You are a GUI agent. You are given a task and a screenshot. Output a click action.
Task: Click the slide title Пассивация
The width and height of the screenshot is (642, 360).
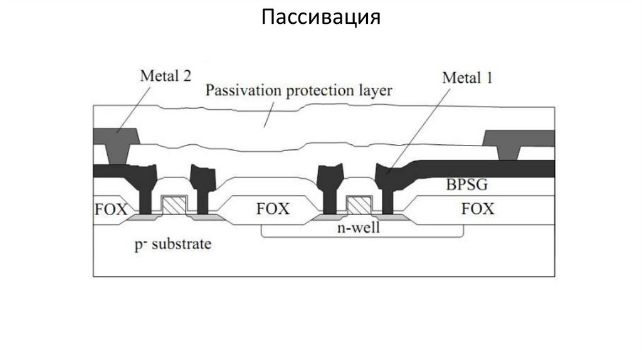(x=320, y=16)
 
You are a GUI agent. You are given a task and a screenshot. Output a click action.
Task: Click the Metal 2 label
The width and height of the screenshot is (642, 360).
(x=165, y=77)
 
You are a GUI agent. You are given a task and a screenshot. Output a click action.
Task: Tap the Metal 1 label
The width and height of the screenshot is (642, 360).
(x=467, y=78)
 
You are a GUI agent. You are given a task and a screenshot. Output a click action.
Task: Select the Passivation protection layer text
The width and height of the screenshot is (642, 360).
(x=298, y=90)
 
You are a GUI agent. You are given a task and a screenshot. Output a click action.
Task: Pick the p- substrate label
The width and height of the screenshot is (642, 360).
(x=172, y=243)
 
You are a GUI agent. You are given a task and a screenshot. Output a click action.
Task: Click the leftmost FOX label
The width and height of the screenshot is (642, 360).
(x=110, y=209)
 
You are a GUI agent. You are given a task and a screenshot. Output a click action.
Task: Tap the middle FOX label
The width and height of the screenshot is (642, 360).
(x=273, y=209)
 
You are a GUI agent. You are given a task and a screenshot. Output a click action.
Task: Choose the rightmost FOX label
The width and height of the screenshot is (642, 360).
(x=477, y=209)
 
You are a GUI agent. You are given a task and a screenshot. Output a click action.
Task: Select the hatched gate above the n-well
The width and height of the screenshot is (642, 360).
(x=359, y=205)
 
